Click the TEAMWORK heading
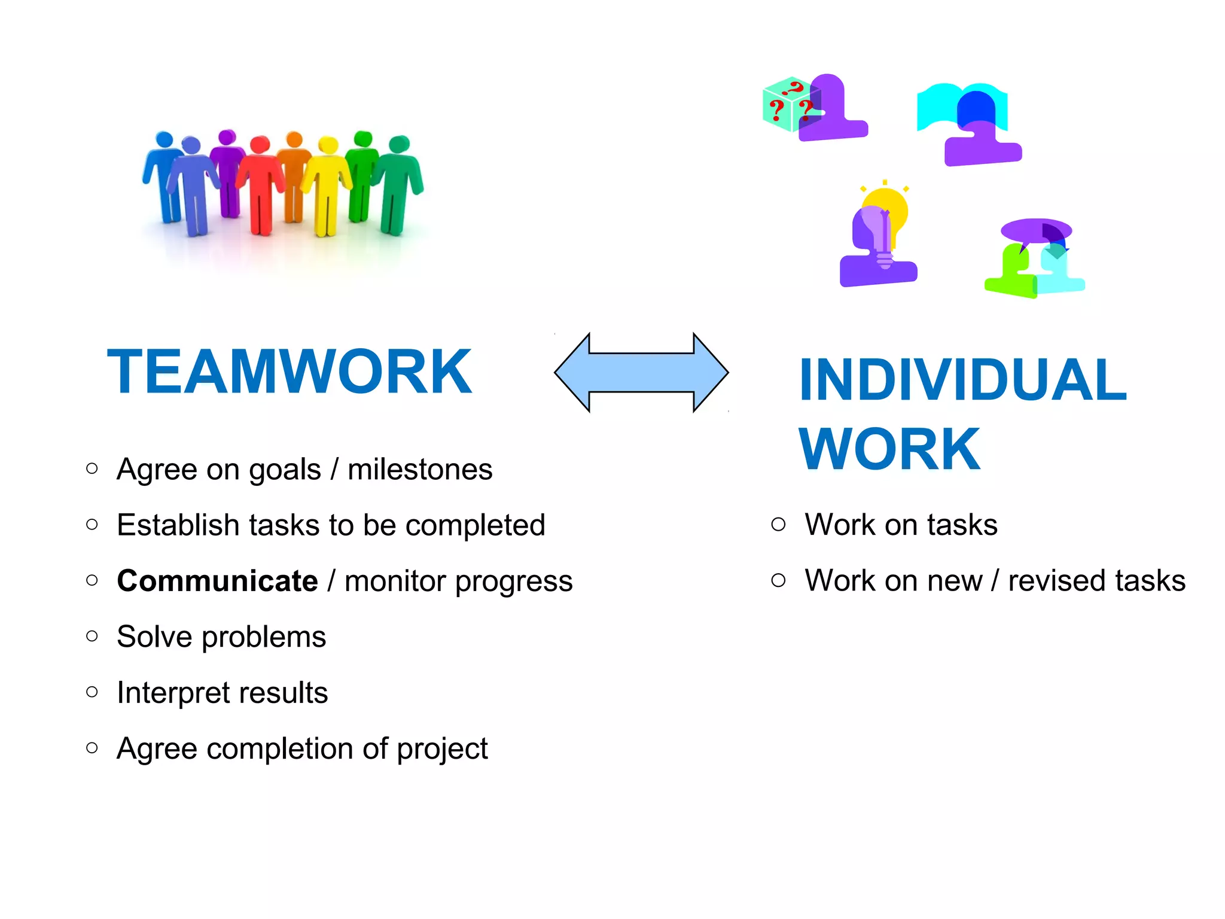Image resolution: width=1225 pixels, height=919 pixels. pos(290,372)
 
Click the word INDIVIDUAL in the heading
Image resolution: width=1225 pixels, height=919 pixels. pos(962,380)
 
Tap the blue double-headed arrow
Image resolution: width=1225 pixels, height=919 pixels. pos(641,372)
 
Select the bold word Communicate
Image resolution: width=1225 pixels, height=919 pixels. pos(217,581)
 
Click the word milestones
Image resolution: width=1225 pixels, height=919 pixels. pos(420,469)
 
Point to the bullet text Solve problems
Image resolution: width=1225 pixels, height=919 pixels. pos(221,637)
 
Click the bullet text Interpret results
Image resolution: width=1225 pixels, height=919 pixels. pos(222,693)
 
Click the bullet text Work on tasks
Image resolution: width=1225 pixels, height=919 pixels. pos(901,525)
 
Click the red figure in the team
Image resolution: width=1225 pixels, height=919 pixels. pos(260,185)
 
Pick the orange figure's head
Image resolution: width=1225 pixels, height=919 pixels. pos(294,140)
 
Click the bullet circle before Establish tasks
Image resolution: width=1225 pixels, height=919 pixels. pos(92,525)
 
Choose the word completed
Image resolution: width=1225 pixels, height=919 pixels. pos(475,525)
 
